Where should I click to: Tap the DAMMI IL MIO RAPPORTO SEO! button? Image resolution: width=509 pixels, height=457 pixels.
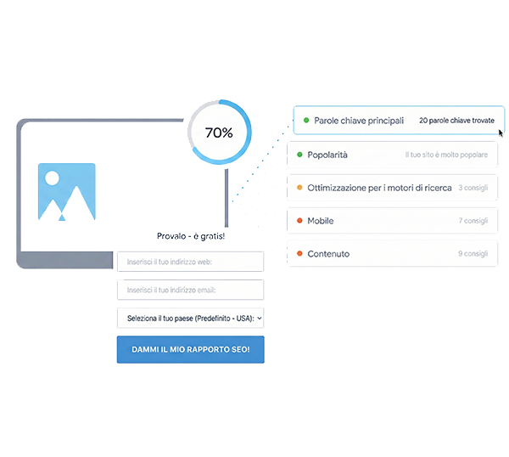tap(190, 350)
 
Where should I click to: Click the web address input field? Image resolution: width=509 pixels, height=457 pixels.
tap(190, 262)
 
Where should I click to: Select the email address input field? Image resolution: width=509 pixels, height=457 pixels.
tap(190, 290)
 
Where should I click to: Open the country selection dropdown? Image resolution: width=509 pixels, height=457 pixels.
tap(190, 318)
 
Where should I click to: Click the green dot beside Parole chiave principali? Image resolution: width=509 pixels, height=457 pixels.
tap(306, 121)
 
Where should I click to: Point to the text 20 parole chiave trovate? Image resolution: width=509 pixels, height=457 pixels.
tap(456, 121)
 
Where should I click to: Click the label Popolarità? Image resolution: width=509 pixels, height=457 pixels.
tap(327, 155)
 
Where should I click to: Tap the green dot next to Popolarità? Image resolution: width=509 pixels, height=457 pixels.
tap(299, 155)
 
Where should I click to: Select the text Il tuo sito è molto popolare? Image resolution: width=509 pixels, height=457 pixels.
tap(446, 155)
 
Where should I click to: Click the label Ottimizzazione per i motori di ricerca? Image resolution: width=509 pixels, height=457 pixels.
tap(380, 188)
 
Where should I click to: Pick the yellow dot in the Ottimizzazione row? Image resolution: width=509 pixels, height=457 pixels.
tap(299, 188)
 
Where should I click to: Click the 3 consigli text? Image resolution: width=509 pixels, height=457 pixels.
tap(473, 188)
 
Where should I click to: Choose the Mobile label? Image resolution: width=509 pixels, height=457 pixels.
tap(321, 221)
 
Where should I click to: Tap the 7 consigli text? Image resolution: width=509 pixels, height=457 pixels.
tap(473, 221)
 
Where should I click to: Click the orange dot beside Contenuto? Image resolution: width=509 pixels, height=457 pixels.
tap(299, 254)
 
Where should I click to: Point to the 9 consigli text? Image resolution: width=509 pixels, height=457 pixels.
tap(473, 254)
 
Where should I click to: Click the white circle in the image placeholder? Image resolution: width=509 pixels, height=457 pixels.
tap(53, 179)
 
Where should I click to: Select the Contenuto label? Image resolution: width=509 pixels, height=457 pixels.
tap(328, 254)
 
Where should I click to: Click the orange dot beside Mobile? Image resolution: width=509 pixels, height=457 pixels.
tap(299, 221)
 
